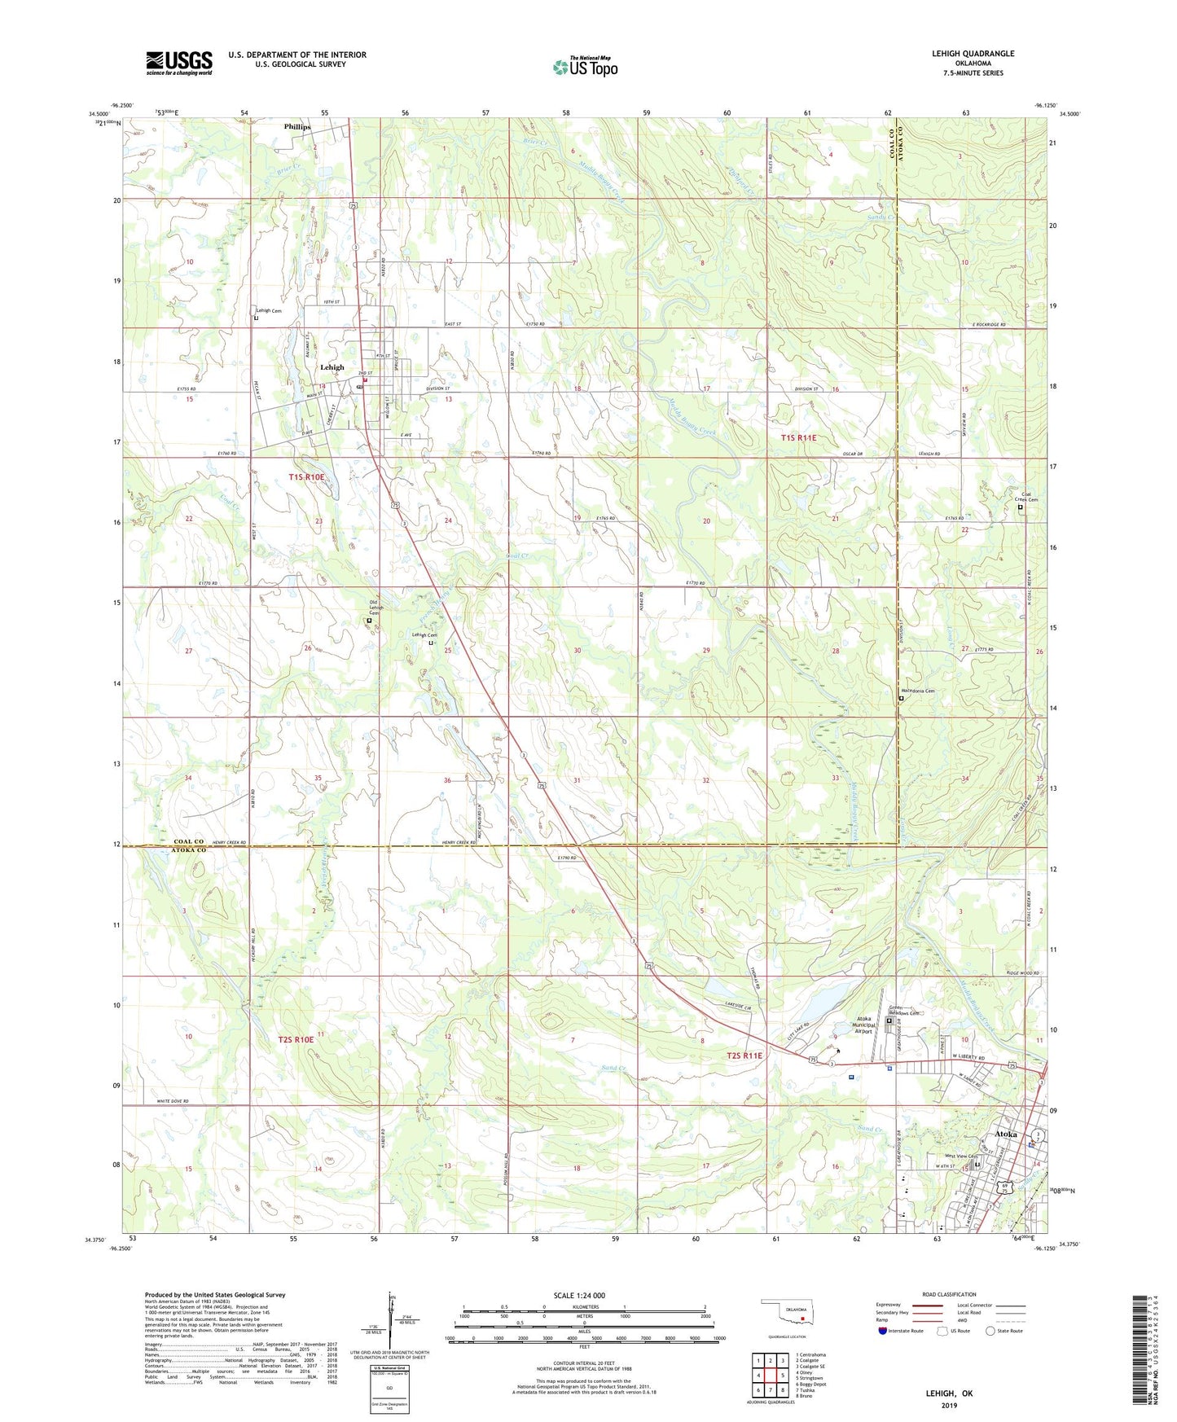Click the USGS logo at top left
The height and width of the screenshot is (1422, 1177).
(178, 63)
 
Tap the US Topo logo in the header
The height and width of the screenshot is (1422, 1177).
(585, 67)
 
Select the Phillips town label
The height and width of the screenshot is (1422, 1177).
(297, 127)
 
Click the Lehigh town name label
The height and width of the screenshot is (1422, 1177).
(332, 367)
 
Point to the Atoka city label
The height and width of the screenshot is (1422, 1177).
(1006, 1134)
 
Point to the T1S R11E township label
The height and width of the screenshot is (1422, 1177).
(798, 438)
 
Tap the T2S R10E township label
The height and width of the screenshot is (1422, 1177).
(296, 1040)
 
